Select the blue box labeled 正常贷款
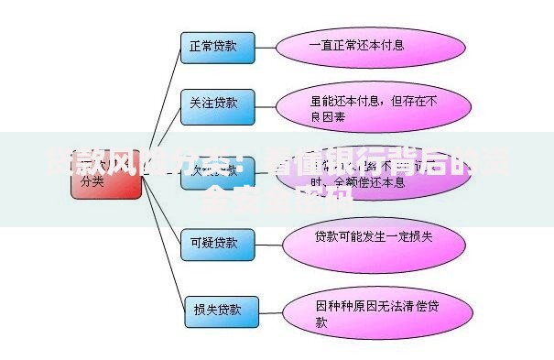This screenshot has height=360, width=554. pos(213,46)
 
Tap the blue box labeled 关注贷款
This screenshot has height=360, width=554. pos(213,104)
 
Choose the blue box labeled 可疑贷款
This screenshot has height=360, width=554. pos(213,243)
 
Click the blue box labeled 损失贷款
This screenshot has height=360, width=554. pos(220,309)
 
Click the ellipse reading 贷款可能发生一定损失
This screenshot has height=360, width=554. pos(366,240)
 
